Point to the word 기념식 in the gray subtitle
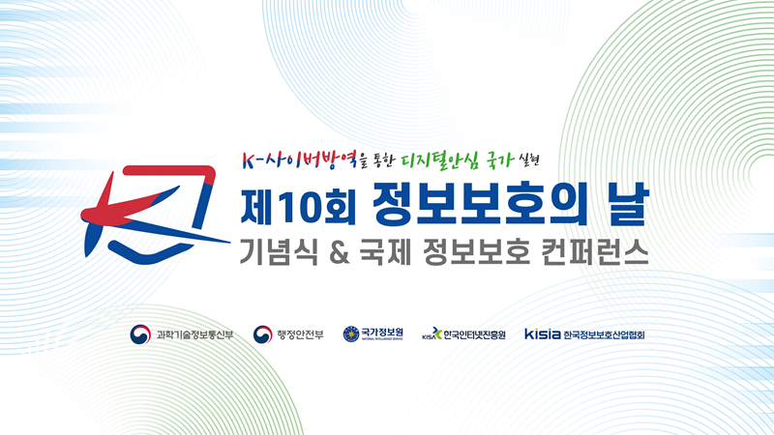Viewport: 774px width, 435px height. tap(279, 251)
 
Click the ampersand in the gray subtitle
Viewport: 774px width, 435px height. tap(339, 252)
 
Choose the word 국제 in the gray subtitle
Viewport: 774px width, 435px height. tap(385, 251)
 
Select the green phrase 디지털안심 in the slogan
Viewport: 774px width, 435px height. tap(440, 160)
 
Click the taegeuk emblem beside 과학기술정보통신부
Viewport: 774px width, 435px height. tap(140, 334)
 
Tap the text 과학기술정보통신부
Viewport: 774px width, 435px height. tap(194, 334)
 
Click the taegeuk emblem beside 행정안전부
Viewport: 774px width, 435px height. tap(262, 334)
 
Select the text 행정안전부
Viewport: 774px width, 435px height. tap(300, 334)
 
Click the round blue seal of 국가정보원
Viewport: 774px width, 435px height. tap(351, 333)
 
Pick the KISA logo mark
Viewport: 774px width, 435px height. tap(432, 333)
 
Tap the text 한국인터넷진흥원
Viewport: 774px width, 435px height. tap(474, 334)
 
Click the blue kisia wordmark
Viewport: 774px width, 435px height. tap(543, 333)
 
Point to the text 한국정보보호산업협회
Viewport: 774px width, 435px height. tap(604, 334)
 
